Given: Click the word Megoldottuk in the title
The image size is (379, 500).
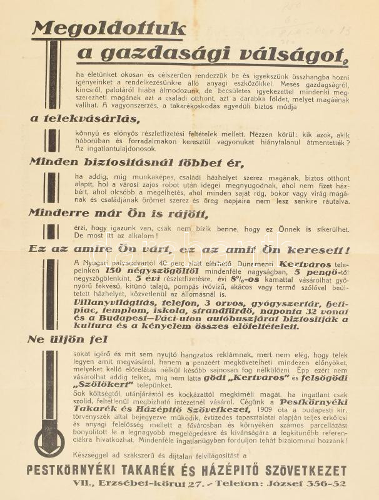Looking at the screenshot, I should click(109, 29).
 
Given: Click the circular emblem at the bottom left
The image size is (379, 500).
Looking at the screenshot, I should click(49, 431).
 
